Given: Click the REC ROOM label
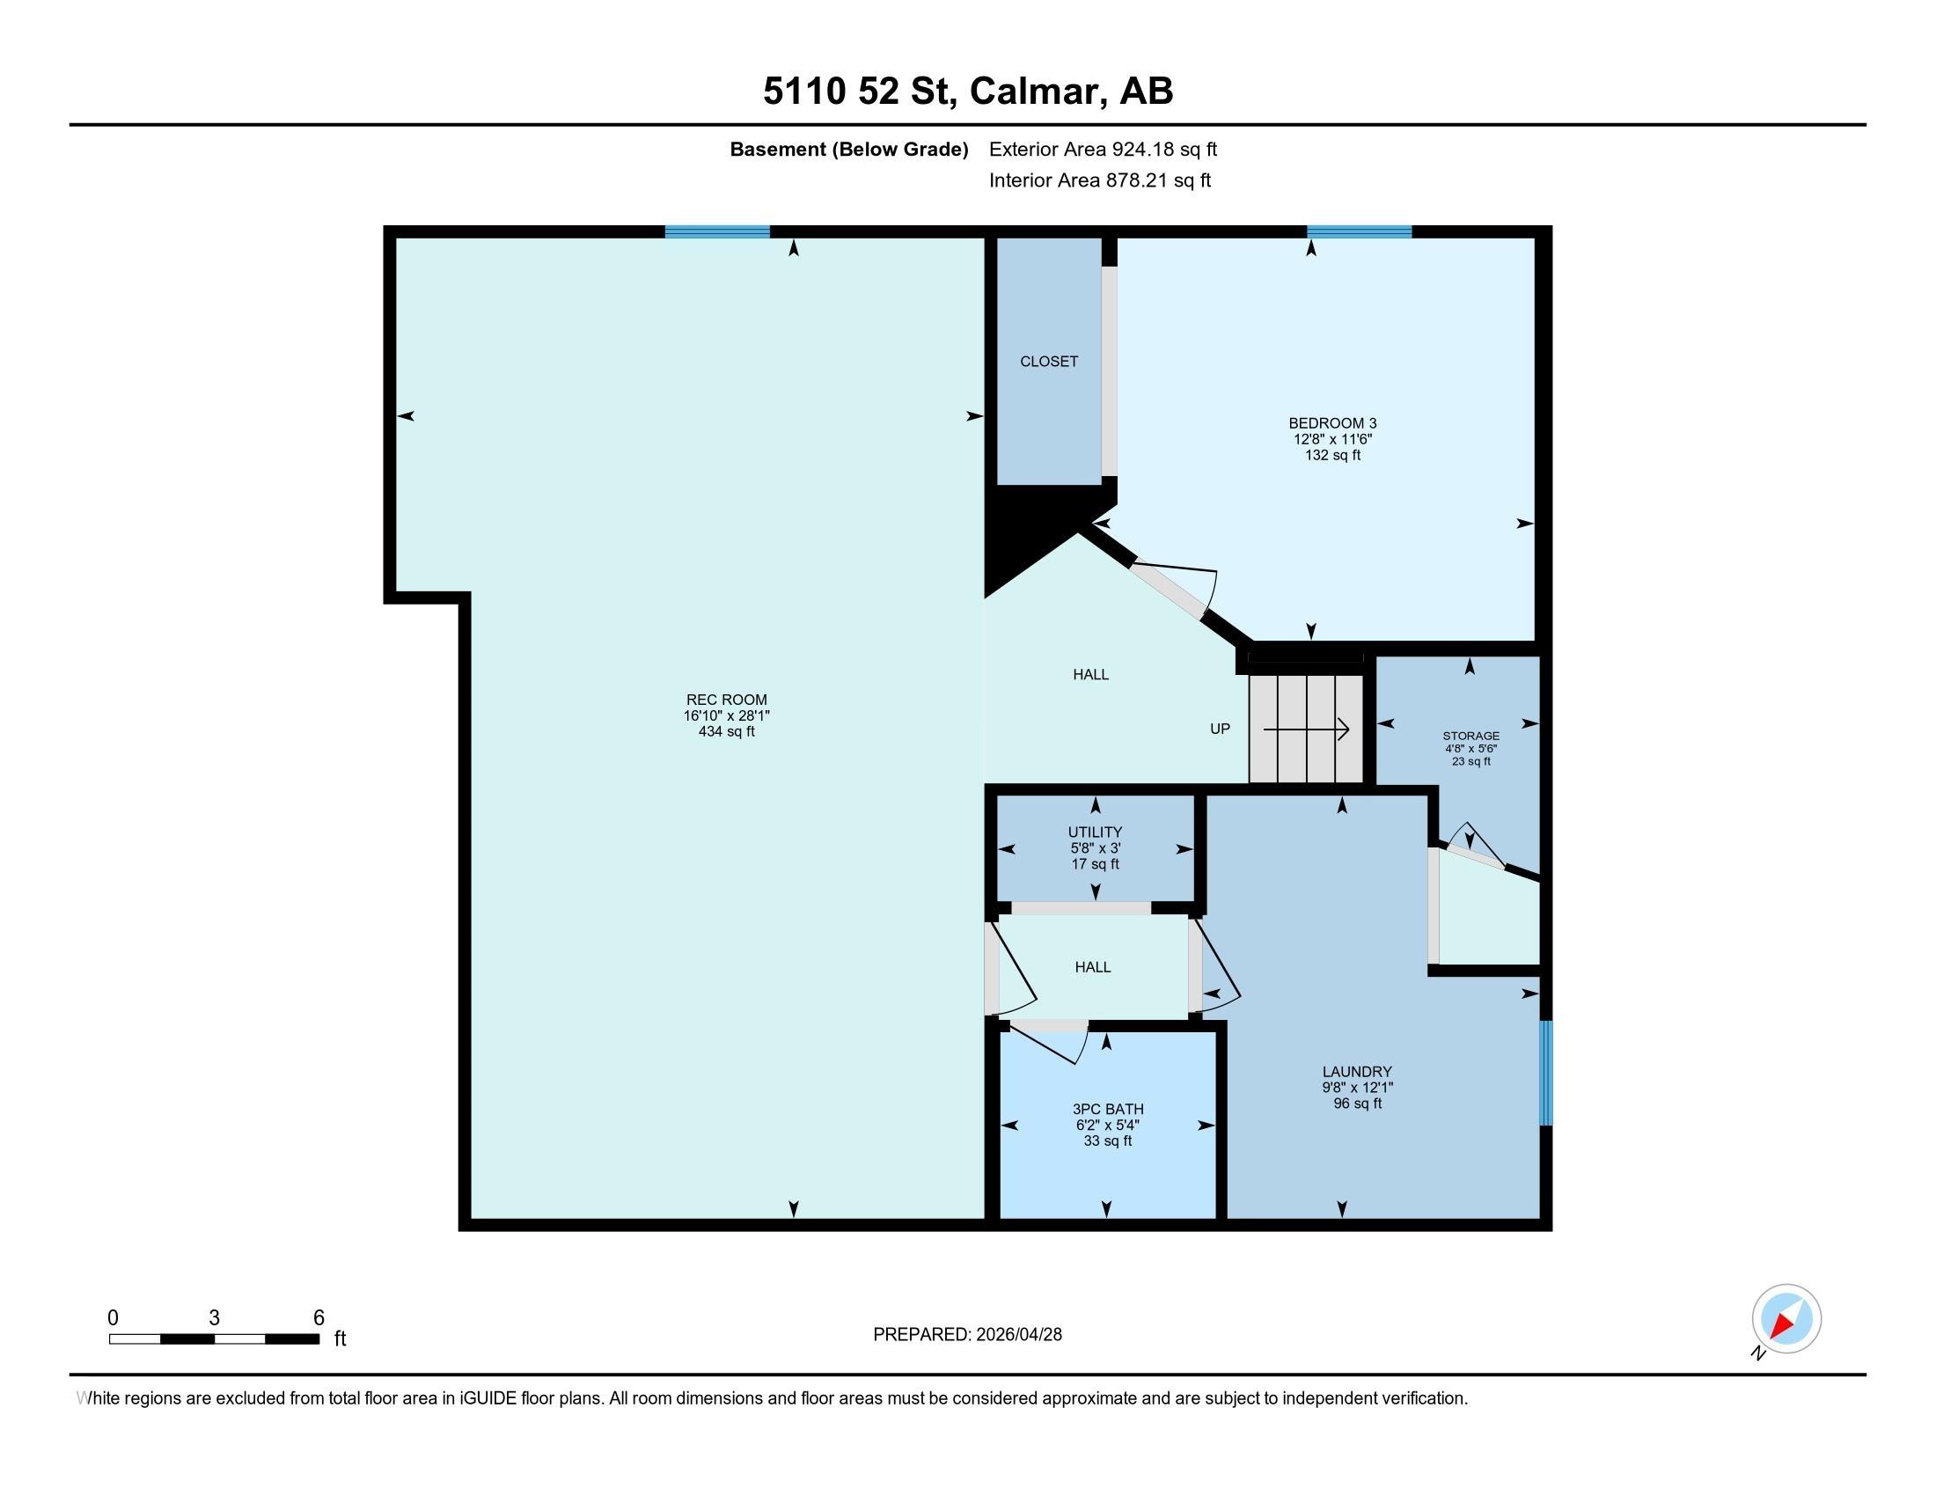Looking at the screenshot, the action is coord(726,700).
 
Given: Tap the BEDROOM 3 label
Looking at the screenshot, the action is coord(1332,422).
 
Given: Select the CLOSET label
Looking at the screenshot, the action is coord(1049,361).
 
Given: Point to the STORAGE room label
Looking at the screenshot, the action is coord(1470,736).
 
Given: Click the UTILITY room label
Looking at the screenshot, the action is coord(1095,832).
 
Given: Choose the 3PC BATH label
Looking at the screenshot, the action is coord(1108,1109).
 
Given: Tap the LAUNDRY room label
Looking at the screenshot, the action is coord(1357,1072).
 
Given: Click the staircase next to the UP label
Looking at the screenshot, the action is coord(1306,730).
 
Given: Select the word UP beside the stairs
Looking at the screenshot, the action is coord(1220,729).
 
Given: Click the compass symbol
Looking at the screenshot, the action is coord(1786,1318).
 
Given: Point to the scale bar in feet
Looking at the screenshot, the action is coord(215,1338).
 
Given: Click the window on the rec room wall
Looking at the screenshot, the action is coord(717,232).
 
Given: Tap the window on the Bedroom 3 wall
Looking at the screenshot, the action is coord(1359,232).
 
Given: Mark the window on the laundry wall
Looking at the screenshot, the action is coord(1546,1073).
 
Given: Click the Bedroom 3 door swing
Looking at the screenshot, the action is coord(1175,588).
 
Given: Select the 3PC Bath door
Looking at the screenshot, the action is coord(1049,1040).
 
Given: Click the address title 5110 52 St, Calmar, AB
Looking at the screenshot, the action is coord(968,92).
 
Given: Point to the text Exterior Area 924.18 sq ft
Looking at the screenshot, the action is coord(1103,149).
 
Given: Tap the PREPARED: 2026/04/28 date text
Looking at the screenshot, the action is coord(967,1335).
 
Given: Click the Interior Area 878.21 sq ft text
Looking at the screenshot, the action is coord(1099,180).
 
